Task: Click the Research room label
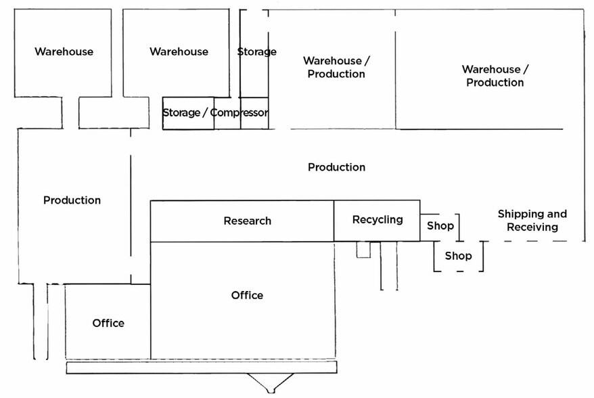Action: [247, 221]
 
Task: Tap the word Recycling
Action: [378, 219]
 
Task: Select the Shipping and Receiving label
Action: [532, 221]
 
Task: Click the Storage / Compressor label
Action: [215, 112]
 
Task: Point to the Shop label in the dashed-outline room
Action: [458, 257]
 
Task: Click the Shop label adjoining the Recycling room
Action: [440, 226]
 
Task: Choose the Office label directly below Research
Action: [247, 295]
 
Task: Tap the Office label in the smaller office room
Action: [108, 323]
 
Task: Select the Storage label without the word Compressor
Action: [256, 51]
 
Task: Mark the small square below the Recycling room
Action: [364, 250]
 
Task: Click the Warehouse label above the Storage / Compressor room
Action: [179, 51]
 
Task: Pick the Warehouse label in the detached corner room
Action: [64, 51]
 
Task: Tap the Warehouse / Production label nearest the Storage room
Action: [336, 67]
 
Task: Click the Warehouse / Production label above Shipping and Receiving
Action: [495, 76]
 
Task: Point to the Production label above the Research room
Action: [336, 167]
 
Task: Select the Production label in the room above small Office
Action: [72, 200]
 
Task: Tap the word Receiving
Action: [532, 227]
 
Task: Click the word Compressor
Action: [239, 112]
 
